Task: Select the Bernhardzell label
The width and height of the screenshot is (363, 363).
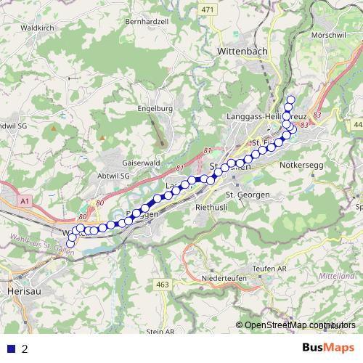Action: tap(147, 22)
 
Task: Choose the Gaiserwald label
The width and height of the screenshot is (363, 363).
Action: tap(142, 163)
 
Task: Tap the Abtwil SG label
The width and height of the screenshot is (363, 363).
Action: tap(111, 176)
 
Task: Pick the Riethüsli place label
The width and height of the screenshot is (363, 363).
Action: tap(213, 207)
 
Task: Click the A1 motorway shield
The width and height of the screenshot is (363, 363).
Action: tap(25, 200)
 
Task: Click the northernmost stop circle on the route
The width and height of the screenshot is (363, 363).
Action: tap(291, 100)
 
